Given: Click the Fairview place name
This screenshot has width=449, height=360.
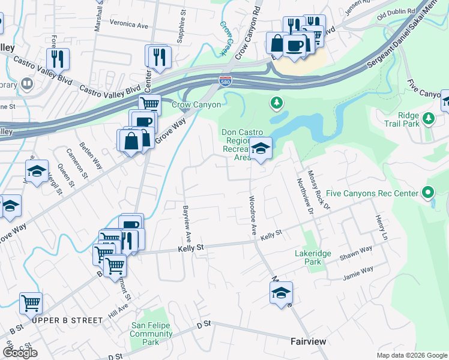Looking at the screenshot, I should pos(308,341).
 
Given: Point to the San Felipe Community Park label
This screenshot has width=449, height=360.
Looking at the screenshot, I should pos(151,334).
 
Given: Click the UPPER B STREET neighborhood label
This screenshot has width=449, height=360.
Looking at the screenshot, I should pos(67,320).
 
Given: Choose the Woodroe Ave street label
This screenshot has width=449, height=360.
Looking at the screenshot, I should pos(253,214).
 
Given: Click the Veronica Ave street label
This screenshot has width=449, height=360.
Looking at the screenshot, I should pos(128,26).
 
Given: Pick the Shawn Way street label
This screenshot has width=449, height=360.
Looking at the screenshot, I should pos(356,253).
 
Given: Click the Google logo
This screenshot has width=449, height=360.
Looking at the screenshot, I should pos(20,353).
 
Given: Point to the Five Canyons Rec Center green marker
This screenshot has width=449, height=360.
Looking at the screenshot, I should pos(427,193).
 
